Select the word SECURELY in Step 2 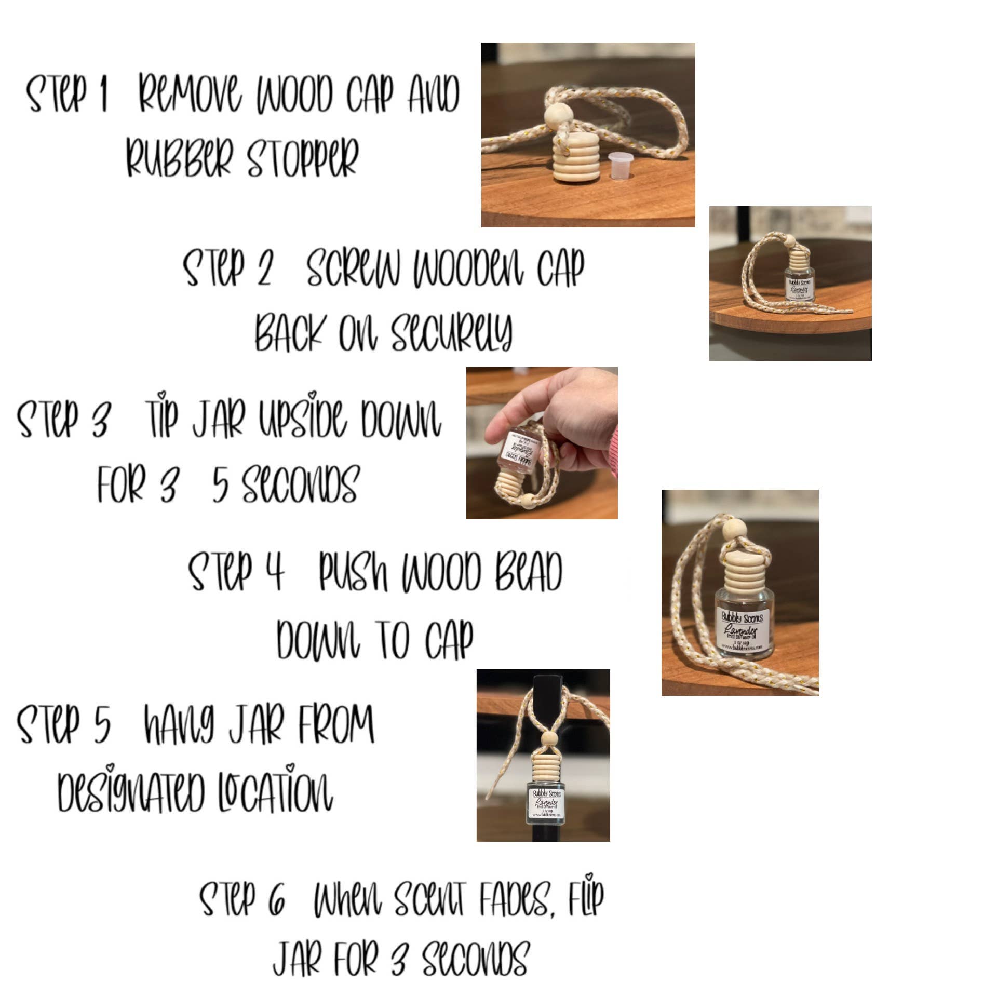(x=451, y=332)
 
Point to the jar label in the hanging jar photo (x=546, y=804)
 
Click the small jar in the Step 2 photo (x=800, y=280)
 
